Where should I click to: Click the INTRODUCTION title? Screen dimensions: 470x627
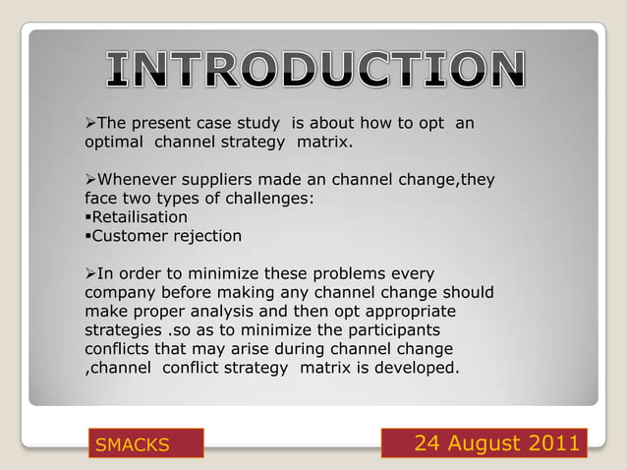tap(314, 70)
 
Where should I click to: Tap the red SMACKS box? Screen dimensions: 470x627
tap(145, 444)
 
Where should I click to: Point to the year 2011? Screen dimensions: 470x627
tap(554, 443)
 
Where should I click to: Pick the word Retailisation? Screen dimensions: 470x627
tap(139, 216)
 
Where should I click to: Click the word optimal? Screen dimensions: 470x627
tap(110, 143)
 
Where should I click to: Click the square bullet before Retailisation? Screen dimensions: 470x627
tap(87, 217)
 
